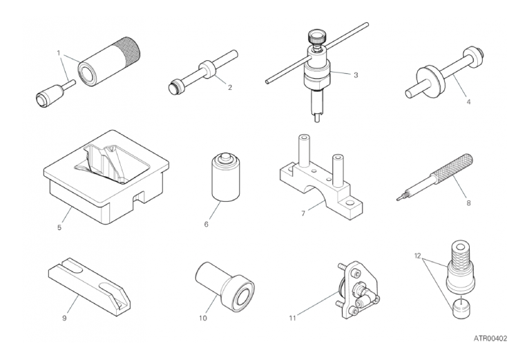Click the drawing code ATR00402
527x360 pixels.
(490, 339)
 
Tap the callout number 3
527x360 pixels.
(356, 75)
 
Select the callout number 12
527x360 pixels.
(417, 256)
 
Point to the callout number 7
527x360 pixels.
(303, 214)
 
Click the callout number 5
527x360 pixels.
(59, 227)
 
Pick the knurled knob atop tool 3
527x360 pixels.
(315, 37)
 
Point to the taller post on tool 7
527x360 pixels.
(303, 151)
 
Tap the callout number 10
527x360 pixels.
(202, 318)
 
